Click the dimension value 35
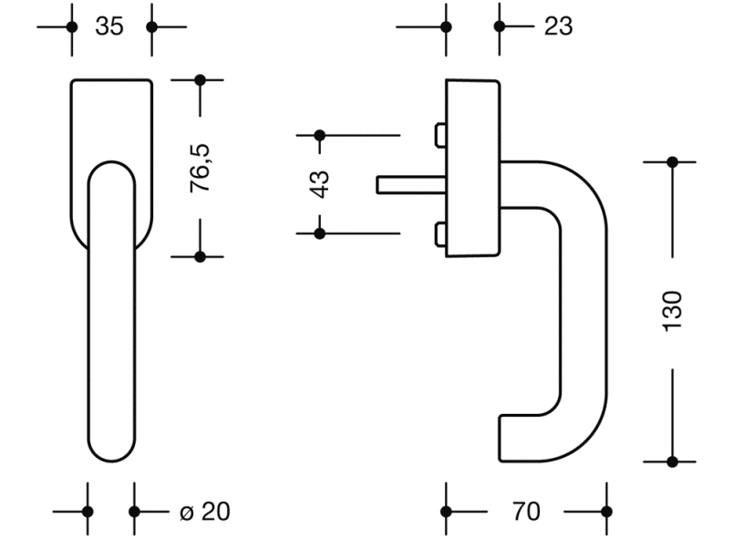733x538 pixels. tap(109, 26)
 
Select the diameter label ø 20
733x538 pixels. tap(204, 512)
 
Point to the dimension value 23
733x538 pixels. tap(558, 26)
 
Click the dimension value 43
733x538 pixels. tap(320, 183)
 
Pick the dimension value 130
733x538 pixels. tap(672, 311)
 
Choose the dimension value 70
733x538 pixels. tap(526, 512)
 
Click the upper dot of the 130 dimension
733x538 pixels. tap(673, 162)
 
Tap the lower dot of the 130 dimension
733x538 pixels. tap(673, 461)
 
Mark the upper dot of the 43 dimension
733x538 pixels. tap(320, 136)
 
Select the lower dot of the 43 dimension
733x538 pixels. tap(320, 233)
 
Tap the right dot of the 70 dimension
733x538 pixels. tap(606, 512)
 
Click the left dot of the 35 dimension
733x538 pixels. tap(70, 26)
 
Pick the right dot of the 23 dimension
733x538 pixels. tap(499, 26)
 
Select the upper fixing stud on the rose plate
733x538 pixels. tap(441, 136)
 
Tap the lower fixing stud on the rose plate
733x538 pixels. tap(441, 234)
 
